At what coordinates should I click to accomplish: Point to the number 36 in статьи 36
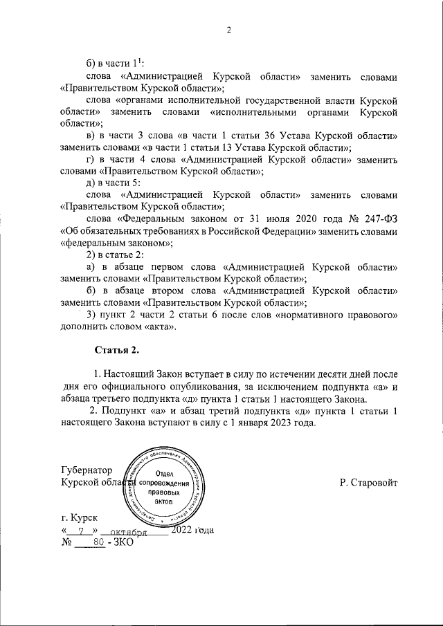coord(281,136)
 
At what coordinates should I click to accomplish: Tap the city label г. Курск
coord(80,517)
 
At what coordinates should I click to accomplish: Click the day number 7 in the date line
coord(82,531)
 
